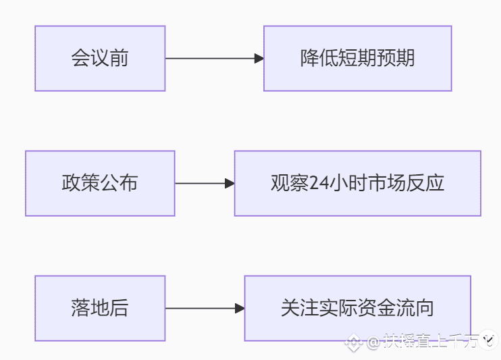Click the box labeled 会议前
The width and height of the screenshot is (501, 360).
(x=100, y=59)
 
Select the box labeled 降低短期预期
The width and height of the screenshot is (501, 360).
(x=358, y=59)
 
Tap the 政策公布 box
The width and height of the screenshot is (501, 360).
(x=100, y=183)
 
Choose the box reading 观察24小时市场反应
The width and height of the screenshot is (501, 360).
(x=358, y=183)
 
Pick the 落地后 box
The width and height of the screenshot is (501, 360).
(x=100, y=308)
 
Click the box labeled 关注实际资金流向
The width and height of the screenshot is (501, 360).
(x=358, y=308)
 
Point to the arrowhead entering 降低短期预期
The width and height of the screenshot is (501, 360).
(x=259, y=59)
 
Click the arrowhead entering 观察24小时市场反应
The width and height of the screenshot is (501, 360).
(x=230, y=184)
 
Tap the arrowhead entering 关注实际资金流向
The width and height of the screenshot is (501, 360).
(x=240, y=309)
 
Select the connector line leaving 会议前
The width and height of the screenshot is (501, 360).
(x=210, y=59)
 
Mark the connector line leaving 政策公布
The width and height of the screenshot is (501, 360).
(x=200, y=184)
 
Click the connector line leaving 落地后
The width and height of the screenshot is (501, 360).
(x=201, y=309)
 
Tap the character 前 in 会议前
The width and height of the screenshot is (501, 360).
(x=119, y=58)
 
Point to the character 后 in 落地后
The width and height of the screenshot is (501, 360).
(x=119, y=308)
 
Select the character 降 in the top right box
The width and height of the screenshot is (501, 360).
(x=309, y=58)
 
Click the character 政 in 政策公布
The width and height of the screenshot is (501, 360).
(x=72, y=183)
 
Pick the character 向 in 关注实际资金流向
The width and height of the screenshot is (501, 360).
(x=425, y=308)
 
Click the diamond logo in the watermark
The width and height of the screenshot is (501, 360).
(x=354, y=342)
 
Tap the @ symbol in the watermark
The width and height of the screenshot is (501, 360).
(x=373, y=342)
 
